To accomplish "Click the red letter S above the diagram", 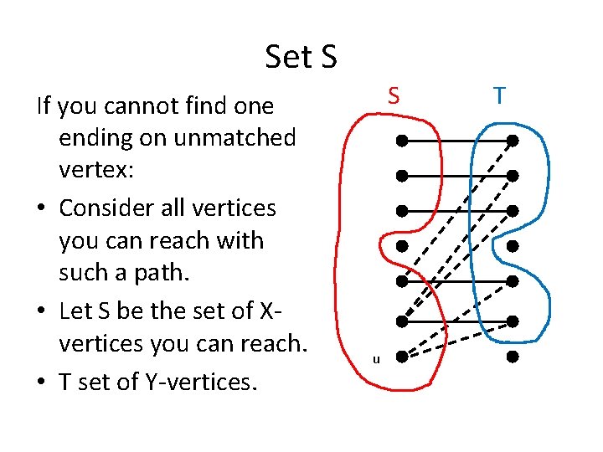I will (x=393, y=96).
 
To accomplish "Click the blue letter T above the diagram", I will (x=499, y=96).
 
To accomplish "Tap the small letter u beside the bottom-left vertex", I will (x=376, y=360).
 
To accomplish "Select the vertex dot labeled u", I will (x=402, y=357).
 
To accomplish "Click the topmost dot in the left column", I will (x=402, y=140).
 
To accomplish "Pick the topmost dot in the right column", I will (x=513, y=140).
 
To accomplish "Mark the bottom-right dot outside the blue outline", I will (x=513, y=357).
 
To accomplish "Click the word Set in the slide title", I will (x=288, y=57).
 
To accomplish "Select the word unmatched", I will (x=235, y=137).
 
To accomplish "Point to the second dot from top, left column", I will (x=402, y=176).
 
